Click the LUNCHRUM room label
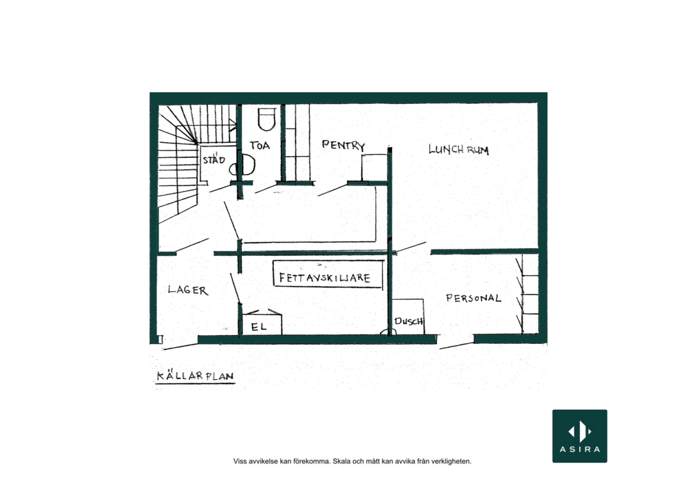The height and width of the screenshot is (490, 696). pyautogui.click(x=458, y=149)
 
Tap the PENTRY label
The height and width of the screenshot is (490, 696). pyautogui.click(x=343, y=145)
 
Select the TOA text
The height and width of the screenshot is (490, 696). pyautogui.click(x=260, y=145)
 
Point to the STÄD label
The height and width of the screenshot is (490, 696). pyautogui.click(x=214, y=160)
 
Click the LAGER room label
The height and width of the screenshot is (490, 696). pyautogui.click(x=187, y=290)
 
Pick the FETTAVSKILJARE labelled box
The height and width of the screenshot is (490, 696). pyautogui.click(x=328, y=274)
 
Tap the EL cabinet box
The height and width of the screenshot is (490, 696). pyautogui.click(x=261, y=322)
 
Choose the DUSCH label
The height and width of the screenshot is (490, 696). pyautogui.click(x=408, y=321)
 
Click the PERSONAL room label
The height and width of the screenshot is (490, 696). pyautogui.click(x=473, y=298)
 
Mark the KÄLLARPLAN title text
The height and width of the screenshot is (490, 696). pyautogui.click(x=195, y=376)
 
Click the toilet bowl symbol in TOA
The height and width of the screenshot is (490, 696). pyautogui.click(x=266, y=119)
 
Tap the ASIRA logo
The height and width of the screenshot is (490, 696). pyautogui.click(x=580, y=436)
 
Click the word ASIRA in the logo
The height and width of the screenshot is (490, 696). pyautogui.click(x=580, y=449)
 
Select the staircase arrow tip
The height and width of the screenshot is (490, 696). pyautogui.click(x=236, y=125)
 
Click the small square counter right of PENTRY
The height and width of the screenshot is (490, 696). pyautogui.click(x=374, y=168)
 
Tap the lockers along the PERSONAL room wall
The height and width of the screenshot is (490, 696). pyautogui.click(x=530, y=294)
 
